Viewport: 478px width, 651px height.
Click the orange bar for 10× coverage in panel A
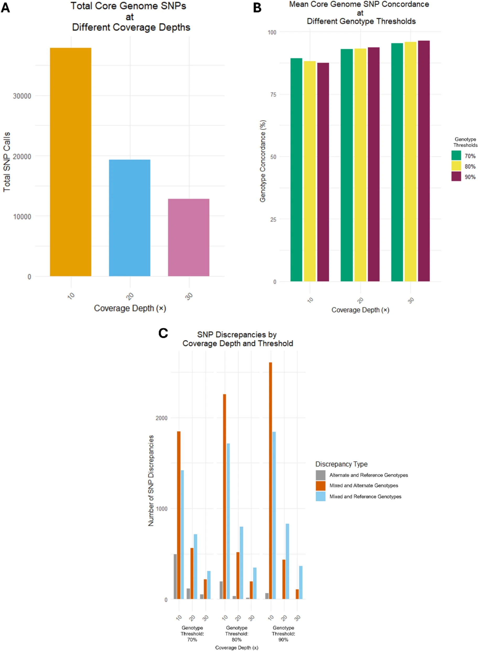71,162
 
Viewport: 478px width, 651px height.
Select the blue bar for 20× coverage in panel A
130,218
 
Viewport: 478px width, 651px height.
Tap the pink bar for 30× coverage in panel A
189,237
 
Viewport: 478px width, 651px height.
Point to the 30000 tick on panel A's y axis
22,96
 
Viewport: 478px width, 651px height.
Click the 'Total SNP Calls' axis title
7,162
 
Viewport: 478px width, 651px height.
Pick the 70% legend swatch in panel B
456,156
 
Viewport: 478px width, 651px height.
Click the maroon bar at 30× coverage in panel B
424,161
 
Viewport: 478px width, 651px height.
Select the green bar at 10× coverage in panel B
296,170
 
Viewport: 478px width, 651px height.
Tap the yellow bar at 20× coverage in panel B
360,165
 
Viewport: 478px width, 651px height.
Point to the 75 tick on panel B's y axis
273,95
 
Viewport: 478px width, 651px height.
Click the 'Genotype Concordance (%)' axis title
263,161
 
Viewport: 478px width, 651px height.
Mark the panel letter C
163,333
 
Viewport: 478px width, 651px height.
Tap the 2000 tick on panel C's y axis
162,418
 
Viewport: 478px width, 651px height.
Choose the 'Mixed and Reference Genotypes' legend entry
365,497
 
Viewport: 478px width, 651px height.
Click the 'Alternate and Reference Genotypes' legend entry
368,475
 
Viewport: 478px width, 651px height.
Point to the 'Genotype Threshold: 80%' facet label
237,634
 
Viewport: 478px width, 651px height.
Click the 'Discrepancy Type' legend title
341,464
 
